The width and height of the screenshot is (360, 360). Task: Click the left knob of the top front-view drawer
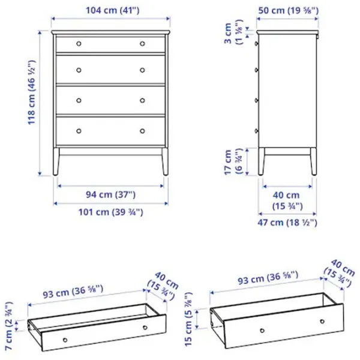(79, 44)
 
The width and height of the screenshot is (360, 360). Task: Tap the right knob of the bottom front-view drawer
(143, 131)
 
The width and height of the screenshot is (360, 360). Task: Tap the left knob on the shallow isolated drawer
(65, 339)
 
